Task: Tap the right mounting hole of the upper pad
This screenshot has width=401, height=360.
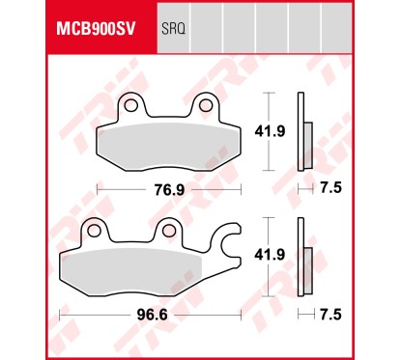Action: (x=207, y=106)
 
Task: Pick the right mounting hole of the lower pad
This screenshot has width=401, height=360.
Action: (x=167, y=231)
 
